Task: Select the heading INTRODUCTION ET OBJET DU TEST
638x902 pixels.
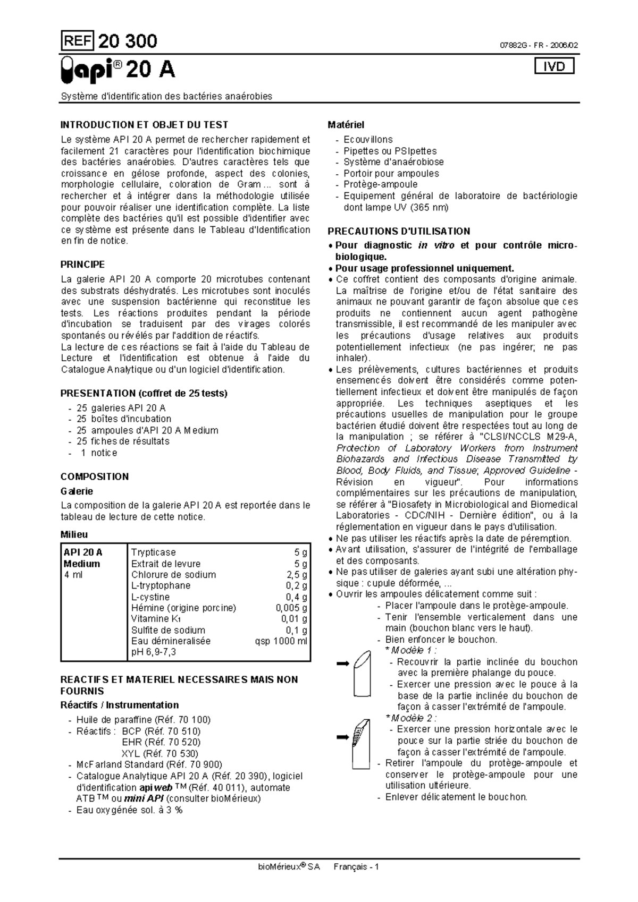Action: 144,125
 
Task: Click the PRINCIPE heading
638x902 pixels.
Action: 82,264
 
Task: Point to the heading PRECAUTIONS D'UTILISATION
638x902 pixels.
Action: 399,231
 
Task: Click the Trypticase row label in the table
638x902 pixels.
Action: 153,552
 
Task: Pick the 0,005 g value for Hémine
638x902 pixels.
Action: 291,608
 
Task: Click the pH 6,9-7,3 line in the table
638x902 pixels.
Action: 153,652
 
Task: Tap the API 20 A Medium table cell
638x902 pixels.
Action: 82,558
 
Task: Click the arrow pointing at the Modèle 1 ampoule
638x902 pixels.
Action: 342,663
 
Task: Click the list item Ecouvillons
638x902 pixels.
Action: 368,140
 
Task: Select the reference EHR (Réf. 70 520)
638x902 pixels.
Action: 161,742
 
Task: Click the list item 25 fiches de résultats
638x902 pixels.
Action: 123,441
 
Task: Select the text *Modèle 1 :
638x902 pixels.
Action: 410,650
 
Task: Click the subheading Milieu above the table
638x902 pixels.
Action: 74,534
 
